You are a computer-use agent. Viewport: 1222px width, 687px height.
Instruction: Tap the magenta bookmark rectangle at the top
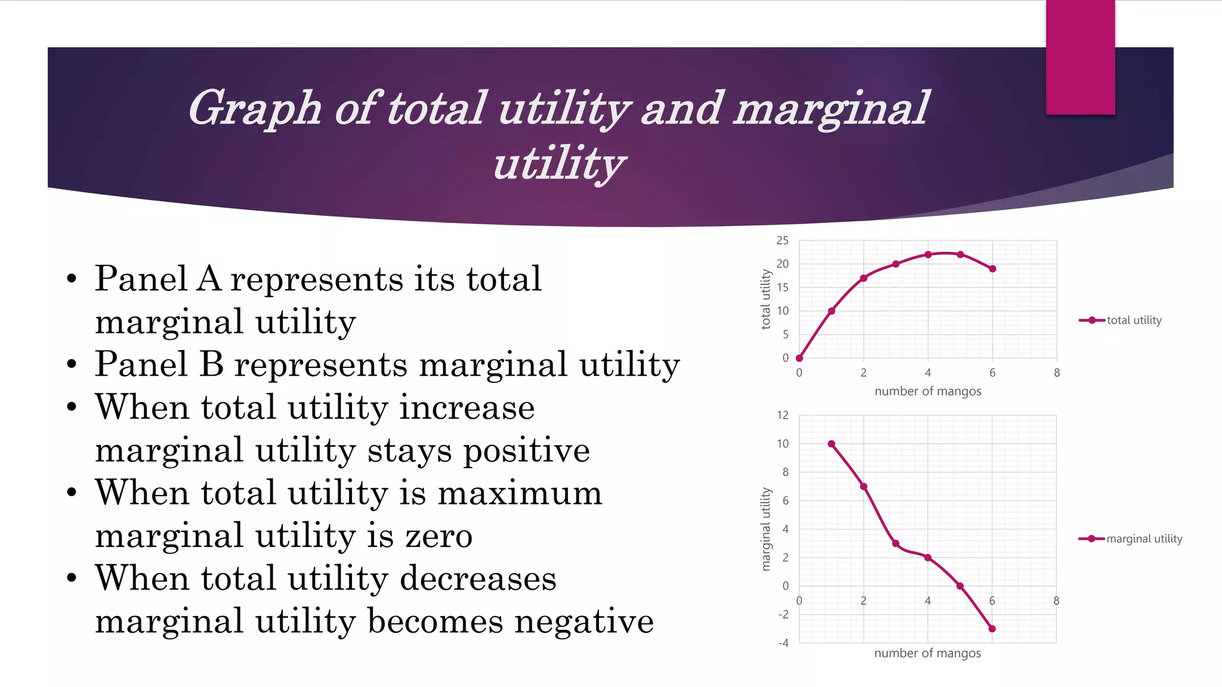1080,57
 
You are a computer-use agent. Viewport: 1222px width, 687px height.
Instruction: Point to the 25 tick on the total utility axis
782,240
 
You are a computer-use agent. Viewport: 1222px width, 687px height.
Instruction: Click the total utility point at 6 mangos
992,269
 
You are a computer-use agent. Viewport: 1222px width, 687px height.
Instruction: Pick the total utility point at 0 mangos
800,358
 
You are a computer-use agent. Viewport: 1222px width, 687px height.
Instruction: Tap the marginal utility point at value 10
832,444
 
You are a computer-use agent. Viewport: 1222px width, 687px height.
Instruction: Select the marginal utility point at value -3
992,629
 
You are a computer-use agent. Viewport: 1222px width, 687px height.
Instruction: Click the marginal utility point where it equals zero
960,586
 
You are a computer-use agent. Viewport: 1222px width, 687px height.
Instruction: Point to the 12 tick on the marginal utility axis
782,415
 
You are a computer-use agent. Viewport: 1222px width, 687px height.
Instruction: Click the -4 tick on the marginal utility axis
783,643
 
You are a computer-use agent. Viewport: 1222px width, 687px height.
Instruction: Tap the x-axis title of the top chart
928,391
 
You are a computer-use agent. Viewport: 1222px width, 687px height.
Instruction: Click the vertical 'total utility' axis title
766,299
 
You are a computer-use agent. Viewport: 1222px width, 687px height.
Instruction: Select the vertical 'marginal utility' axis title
766,529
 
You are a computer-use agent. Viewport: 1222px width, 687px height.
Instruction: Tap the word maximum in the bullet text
520,493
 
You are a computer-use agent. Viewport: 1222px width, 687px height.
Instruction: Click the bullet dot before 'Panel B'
72,364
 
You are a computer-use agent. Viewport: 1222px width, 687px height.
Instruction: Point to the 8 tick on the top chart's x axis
1057,373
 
